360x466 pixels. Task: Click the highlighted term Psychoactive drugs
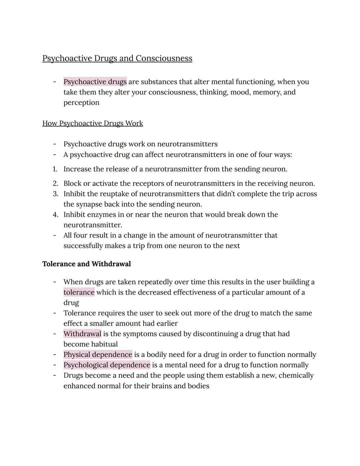click(x=95, y=82)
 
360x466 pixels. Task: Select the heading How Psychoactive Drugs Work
click(x=92, y=123)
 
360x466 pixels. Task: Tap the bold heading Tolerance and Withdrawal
click(x=86, y=264)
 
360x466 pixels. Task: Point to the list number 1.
click(x=55, y=169)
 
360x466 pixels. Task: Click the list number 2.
click(x=55, y=183)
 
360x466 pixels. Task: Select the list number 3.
click(x=55, y=194)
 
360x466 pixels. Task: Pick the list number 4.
click(x=55, y=214)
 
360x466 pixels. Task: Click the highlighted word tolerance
click(x=79, y=293)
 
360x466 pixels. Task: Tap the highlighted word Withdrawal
click(x=82, y=334)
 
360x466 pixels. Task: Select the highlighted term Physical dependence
click(x=98, y=355)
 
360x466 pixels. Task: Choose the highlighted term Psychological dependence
click(x=107, y=365)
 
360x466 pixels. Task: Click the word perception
click(x=81, y=103)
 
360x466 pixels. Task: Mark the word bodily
click(x=157, y=355)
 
